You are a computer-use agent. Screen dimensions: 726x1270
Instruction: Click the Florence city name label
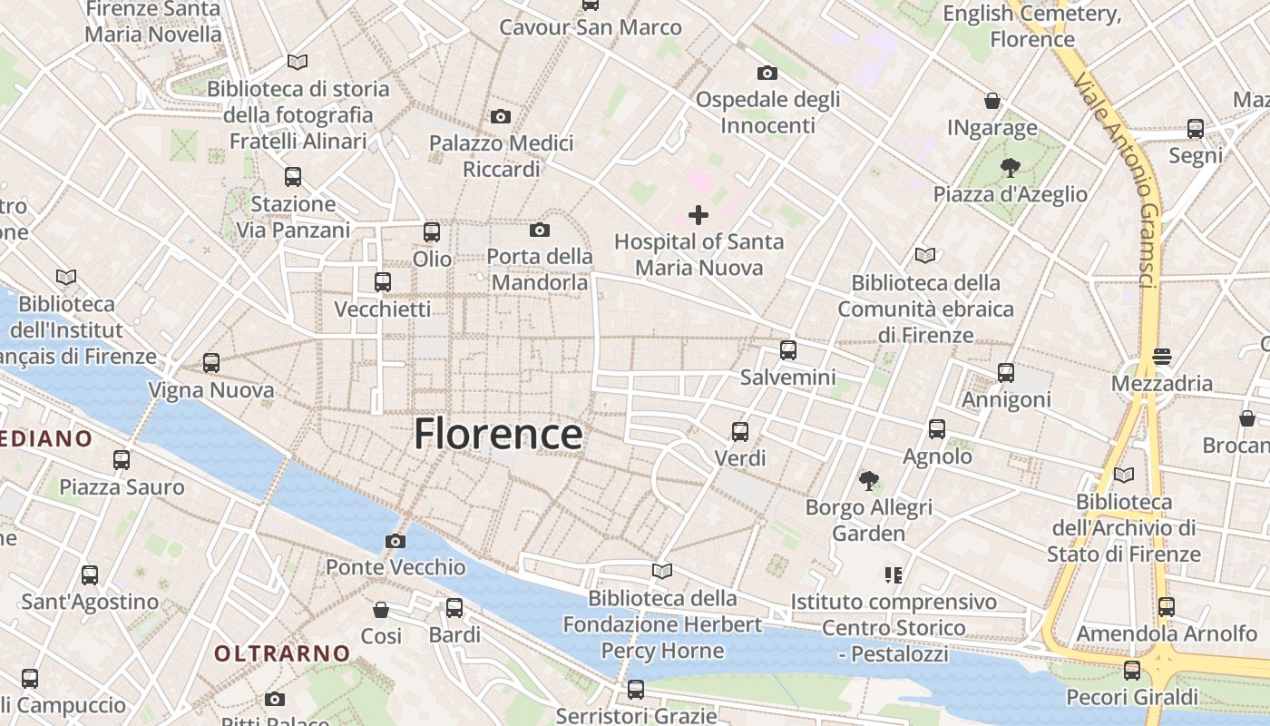pyautogui.click(x=498, y=434)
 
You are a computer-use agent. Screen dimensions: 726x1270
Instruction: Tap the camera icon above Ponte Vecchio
pyautogui.click(x=395, y=542)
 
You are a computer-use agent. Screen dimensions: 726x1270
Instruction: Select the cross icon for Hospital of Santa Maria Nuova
pyautogui.click(x=698, y=215)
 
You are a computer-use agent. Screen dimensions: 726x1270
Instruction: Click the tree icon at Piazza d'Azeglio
pyautogui.click(x=1010, y=168)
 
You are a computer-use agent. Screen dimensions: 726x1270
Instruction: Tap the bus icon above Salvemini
pyautogui.click(x=787, y=350)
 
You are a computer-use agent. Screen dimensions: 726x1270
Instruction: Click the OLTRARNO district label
pyautogui.click(x=282, y=652)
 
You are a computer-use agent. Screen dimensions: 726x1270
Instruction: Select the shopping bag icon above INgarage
pyautogui.click(x=992, y=101)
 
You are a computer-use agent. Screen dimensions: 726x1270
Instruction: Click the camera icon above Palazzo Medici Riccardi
pyautogui.click(x=500, y=117)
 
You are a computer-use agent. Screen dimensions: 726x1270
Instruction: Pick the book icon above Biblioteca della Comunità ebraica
pyautogui.click(x=924, y=256)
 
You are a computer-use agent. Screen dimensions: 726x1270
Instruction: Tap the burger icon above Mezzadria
pyautogui.click(x=1162, y=357)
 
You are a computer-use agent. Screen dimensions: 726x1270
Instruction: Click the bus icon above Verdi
pyautogui.click(x=740, y=432)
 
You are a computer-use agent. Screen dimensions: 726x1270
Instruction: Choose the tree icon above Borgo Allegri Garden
pyautogui.click(x=868, y=480)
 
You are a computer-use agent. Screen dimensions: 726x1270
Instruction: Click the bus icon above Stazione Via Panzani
pyautogui.click(x=292, y=177)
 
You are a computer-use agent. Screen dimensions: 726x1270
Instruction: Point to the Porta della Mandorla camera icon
pyautogui.click(x=539, y=231)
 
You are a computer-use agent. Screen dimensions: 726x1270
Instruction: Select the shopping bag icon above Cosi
pyautogui.click(x=381, y=610)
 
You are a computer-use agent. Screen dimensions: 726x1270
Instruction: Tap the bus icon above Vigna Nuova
pyautogui.click(x=211, y=363)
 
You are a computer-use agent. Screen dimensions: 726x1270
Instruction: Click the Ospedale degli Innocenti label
pyautogui.click(x=767, y=112)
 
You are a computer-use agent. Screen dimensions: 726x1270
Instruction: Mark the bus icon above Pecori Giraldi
pyautogui.click(x=1131, y=671)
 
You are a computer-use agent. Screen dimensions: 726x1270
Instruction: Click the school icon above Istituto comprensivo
pyautogui.click(x=894, y=574)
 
